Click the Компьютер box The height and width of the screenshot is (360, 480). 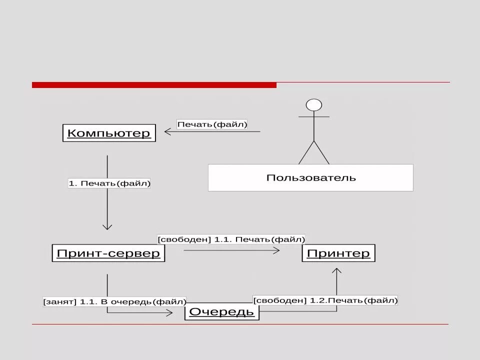tap(109, 133)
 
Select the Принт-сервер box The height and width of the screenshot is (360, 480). tap(108, 253)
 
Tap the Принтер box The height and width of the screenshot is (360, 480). tap(338, 253)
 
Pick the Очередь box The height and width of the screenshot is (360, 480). tap(222, 312)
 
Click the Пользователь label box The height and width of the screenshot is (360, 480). tap(310, 177)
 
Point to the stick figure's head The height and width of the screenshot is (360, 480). tap(314, 105)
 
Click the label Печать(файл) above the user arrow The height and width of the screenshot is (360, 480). tap(212, 124)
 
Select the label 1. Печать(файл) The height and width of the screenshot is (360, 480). tap(109, 183)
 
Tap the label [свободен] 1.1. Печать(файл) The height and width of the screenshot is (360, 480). tap(231, 239)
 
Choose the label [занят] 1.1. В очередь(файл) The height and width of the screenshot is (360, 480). tap(114, 301)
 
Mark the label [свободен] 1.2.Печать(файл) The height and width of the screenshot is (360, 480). tap(325, 300)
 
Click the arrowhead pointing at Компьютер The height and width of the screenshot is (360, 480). tap(167, 132)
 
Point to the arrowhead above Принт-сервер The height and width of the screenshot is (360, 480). tap(107, 226)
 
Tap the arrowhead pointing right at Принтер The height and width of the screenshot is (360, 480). tap(276, 250)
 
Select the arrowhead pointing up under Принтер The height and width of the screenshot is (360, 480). tap(336, 271)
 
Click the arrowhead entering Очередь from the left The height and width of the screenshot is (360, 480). tap(169, 312)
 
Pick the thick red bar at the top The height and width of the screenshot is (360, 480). tap(154, 85)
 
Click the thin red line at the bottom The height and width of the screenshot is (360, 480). tap(240, 324)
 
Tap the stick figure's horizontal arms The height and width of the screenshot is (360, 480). tap(314, 117)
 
